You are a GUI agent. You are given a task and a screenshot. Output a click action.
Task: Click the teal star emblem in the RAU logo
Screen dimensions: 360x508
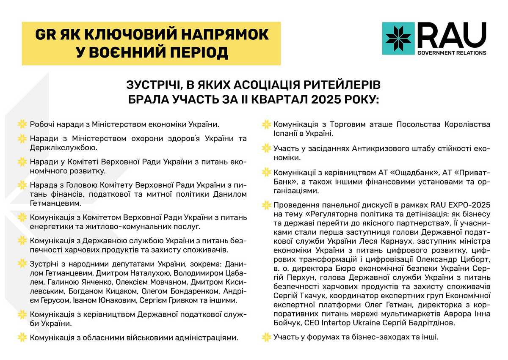click(398, 38)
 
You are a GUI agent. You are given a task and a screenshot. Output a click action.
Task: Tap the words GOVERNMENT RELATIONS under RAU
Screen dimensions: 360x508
click(452, 53)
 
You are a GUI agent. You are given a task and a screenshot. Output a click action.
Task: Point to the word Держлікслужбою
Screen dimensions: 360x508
click(63, 148)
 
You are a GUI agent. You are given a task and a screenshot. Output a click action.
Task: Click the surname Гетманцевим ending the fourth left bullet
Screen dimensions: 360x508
click(55, 203)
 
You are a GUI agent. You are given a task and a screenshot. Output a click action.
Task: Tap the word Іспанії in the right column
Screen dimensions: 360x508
click(286, 134)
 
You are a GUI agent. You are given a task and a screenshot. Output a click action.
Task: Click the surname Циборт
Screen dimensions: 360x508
click(474, 258)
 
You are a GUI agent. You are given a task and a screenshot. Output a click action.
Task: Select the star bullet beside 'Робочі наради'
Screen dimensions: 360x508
click(22, 124)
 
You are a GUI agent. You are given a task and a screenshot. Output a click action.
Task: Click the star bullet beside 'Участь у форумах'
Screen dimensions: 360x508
click(266, 337)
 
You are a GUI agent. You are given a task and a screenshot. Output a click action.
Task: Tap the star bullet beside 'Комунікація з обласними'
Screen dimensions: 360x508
click(22, 338)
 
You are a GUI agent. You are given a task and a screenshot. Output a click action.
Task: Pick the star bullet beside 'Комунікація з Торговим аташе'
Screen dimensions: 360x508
click(266, 125)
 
